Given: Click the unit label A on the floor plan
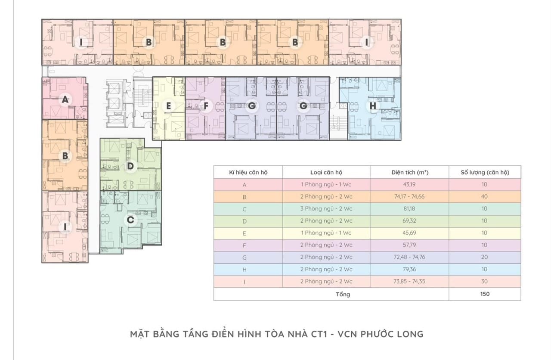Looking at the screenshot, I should [x=65, y=100].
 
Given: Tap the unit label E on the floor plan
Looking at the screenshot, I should [x=169, y=106].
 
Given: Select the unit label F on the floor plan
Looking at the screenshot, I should [x=206, y=106].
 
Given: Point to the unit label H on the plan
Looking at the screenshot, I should [x=372, y=106].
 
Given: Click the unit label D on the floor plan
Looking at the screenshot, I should [x=130, y=166].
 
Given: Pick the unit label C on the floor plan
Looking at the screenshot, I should [x=130, y=220].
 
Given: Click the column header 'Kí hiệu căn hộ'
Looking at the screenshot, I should [x=248, y=172].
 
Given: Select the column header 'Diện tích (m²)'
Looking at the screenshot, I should [x=409, y=172].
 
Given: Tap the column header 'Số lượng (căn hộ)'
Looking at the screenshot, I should [x=484, y=172].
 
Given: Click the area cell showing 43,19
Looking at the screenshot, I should [x=409, y=185].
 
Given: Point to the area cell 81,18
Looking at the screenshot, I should [x=409, y=209].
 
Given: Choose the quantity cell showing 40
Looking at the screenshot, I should [x=484, y=197].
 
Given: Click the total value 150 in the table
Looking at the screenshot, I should [x=484, y=294].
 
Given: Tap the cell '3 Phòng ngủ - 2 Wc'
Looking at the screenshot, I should [x=326, y=209].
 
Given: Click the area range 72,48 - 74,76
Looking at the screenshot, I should [x=409, y=257].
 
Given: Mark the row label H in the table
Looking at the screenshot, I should [x=245, y=269].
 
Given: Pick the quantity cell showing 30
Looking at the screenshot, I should [x=484, y=282].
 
